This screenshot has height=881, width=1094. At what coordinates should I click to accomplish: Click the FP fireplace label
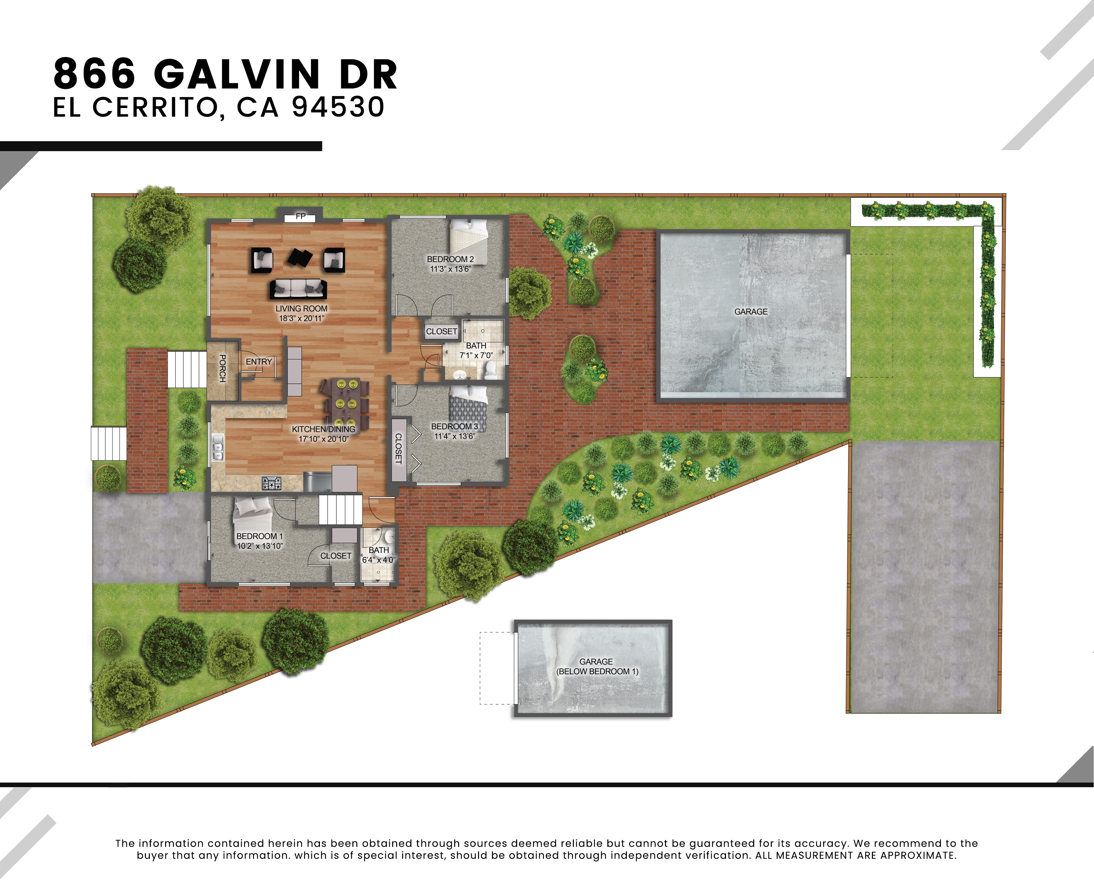coord(301,216)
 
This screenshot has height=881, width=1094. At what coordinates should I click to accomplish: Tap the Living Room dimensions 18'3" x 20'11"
coord(302,318)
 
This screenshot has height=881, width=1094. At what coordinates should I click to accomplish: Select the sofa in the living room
coord(298,289)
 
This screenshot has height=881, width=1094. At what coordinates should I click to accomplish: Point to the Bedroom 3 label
coord(455,426)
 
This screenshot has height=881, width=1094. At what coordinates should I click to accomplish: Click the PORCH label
coord(222,369)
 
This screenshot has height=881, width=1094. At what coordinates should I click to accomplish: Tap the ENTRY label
coord(259,361)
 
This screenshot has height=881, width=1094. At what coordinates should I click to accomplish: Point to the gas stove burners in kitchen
coord(272,484)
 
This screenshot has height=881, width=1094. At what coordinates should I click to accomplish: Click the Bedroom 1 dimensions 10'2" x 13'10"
coord(260,546)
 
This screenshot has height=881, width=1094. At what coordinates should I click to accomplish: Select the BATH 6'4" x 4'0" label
coord(379,555)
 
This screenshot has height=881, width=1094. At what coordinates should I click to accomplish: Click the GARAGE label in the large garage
coord(751,312)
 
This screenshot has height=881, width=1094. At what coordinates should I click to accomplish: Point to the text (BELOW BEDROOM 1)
coord(597,672)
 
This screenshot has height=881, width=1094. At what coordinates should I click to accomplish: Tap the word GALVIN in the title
coord(237,74)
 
